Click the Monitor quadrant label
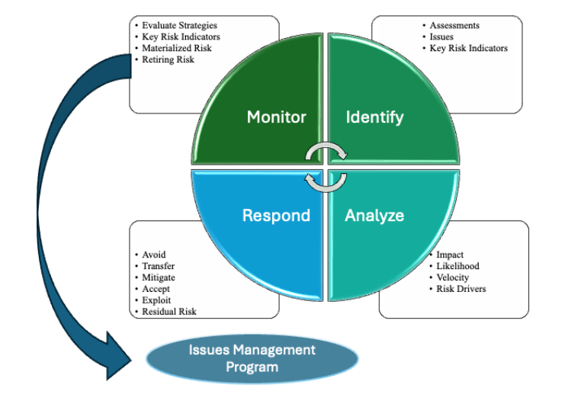point(277,117)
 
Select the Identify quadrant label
point(374,117)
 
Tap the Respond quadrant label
point(276,216)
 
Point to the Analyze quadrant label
point(374,216)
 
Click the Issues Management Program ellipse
point(252,358)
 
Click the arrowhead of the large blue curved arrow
point(118,357)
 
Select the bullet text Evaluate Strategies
point(179,25)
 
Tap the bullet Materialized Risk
point(176,48)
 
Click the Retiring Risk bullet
point(168,59)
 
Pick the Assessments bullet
point(454,25)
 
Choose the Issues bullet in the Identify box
point(441,37)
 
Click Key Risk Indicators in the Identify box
point(468,48)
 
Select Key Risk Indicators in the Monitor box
point(181,37)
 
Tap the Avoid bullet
point(153,255)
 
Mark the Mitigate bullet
point(159,277)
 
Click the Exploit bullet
point(156,300)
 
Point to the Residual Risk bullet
point(169,312)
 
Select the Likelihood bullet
point(457,266)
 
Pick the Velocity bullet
point(452,277)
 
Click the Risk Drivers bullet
point(460,289)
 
